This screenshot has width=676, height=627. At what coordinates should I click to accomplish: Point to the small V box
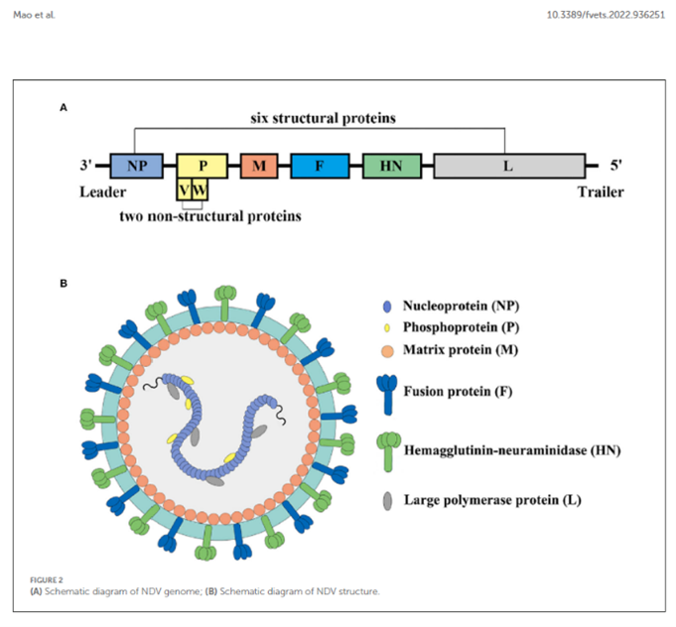185,188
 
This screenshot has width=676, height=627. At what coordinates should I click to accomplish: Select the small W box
200,188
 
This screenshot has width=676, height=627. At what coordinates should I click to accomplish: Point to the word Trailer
601,191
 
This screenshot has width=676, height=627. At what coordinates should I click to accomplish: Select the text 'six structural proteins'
323,118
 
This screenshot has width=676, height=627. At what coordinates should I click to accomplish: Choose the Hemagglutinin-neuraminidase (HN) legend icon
385,448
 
